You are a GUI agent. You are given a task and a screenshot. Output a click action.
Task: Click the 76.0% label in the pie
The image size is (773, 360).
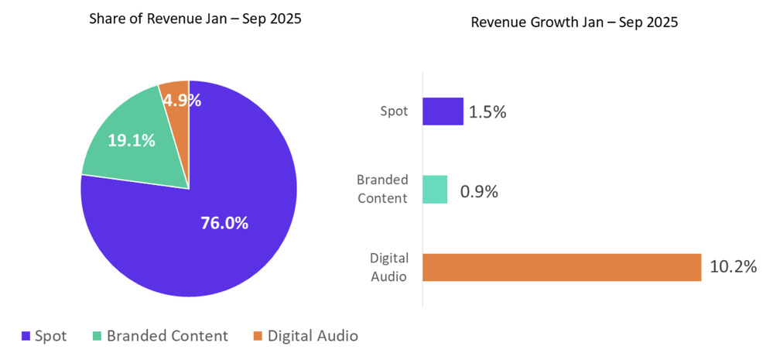click(224, 223)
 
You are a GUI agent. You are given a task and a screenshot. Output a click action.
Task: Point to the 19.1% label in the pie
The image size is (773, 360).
click(131, 140)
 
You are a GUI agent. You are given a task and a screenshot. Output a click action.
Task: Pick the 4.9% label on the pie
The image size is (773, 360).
click(182, 100)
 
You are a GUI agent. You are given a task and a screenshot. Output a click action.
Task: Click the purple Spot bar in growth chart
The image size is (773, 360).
click(443, 111)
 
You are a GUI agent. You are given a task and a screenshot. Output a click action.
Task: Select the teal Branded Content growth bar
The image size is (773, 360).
click(435, 190)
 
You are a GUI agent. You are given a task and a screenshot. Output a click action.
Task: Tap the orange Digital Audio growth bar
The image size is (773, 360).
click(562, 267)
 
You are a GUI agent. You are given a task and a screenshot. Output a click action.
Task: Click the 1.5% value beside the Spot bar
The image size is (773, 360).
click(487, 112)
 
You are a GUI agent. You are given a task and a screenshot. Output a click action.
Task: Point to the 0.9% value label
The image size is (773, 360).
click(479, 190)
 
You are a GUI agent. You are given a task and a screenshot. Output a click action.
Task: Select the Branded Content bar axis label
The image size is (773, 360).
click(381, 189)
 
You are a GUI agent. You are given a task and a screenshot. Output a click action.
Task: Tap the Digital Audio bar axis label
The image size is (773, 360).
click(388, 267)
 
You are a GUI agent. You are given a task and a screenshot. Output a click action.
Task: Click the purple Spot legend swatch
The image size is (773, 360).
click(26, 336)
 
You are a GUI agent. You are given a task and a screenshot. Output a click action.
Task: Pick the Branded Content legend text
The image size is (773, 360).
click(167, 336)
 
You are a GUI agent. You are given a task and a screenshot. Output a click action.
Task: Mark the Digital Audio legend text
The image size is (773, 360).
click(313, 336)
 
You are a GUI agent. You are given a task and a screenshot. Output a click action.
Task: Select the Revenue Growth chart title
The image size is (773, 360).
click(574, 22)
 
